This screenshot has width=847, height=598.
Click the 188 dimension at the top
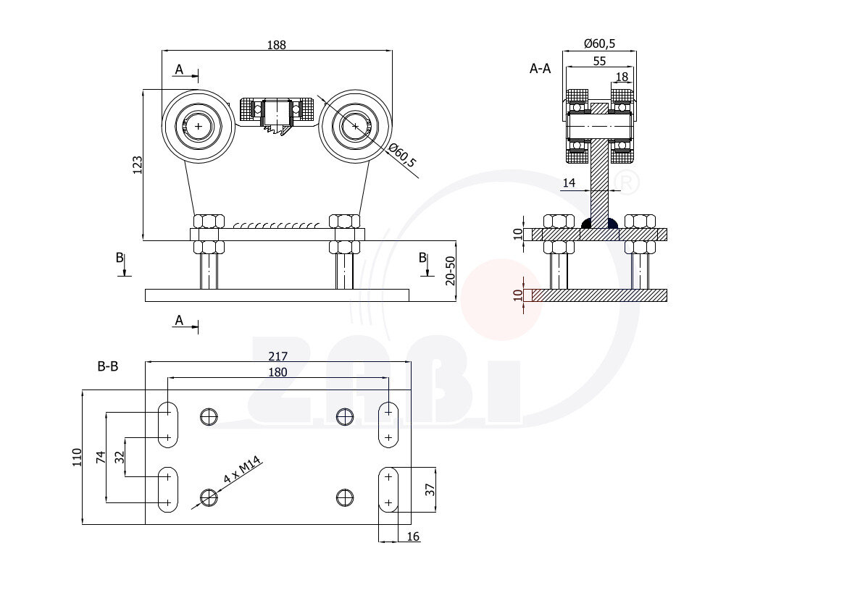[x=277, y=45]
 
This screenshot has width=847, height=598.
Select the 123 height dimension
[x=137, y=165]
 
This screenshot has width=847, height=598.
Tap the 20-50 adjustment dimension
[x=450, y=271]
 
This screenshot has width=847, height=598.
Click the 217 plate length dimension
[x=278, y=356]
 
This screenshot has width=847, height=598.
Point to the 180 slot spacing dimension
[x=278, y=372]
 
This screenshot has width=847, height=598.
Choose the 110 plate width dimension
[x=77, y=457]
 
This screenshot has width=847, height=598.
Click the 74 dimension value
[x=101, y=458]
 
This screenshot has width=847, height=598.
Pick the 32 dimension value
[x=120, y=457]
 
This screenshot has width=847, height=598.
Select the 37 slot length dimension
[x=430, y=489]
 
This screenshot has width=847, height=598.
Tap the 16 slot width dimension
[x=413, y=536]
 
